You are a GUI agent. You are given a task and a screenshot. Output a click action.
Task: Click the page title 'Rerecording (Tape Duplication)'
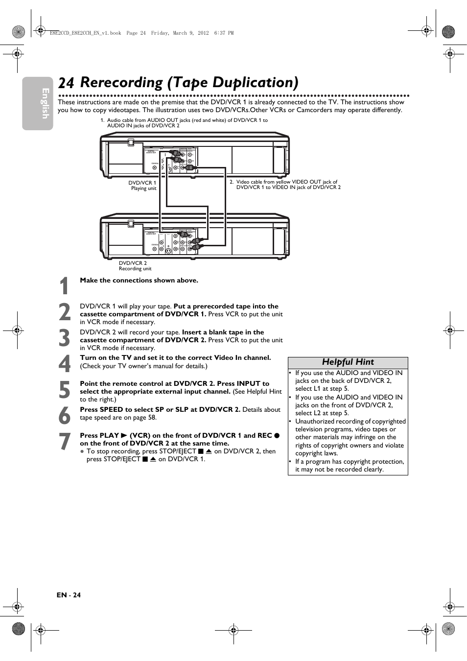click(189, 82)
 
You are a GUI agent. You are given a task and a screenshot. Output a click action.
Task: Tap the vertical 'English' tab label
click(45, 103)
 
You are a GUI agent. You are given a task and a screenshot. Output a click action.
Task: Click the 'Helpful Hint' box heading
click(348, 362)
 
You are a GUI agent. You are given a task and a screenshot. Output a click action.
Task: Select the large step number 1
click(64, 286)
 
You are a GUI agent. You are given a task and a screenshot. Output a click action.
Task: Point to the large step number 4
click(64, 364)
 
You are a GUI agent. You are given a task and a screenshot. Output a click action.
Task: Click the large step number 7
click(64, 441)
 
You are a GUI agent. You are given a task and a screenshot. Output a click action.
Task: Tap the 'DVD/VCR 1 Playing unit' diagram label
click(142, 186)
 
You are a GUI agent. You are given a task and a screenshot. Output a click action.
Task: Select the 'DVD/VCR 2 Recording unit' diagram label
click(135, 266)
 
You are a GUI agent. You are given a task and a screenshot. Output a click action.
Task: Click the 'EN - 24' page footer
click(69, 595)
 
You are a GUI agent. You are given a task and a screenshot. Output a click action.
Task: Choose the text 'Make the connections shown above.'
click(139, 281)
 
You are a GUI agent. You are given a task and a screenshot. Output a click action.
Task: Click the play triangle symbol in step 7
click(124, 435)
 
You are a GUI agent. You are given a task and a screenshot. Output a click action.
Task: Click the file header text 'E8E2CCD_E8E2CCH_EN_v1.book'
click(86, 33)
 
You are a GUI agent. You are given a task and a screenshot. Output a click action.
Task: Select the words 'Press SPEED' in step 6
click(101, 410)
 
